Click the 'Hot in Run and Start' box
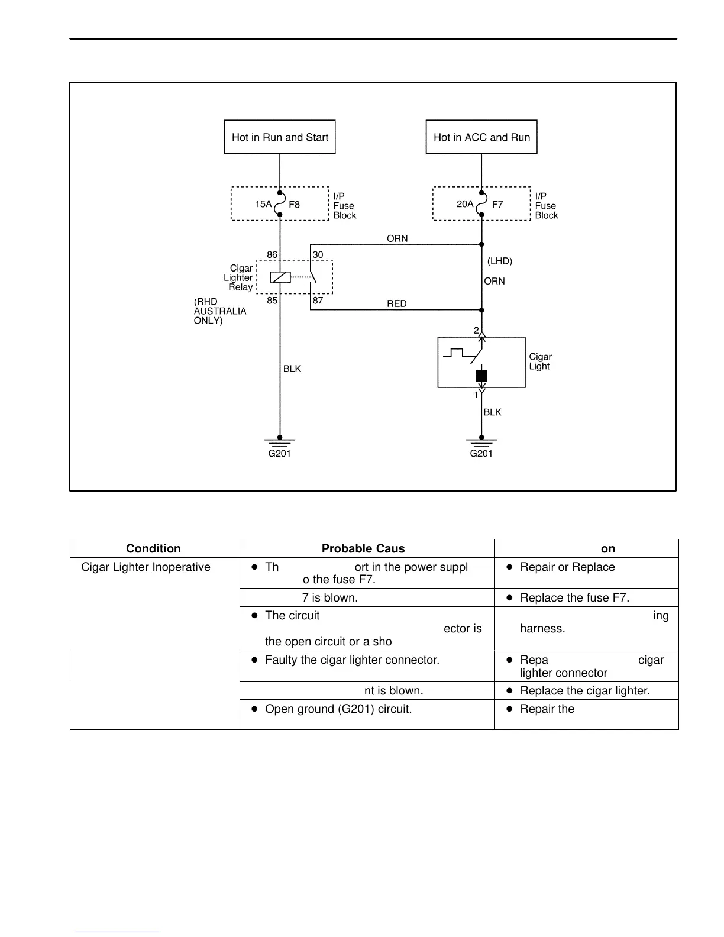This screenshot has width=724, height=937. (x=280, y=137)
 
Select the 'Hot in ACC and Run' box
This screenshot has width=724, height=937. (x=481, y=137)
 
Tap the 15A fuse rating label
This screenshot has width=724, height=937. (x=263, y=204)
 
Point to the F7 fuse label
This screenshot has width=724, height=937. (x=497, y=205)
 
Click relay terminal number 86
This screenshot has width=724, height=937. (x=271, y=255)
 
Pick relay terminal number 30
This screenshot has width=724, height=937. (x=318, y=255)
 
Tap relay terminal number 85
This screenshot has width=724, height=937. (x=271, y=301)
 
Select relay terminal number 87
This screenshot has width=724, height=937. (x=318, y=301)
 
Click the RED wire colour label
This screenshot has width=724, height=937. (x=397, y=304)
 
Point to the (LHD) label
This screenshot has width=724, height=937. (x=500, y=261)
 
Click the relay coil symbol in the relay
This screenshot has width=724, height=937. (x=280, y=277)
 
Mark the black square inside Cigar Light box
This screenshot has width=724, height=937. (x=481, y=376)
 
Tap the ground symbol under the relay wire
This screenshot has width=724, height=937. (x=280, y=442)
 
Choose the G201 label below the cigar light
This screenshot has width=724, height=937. (x=481, y=454)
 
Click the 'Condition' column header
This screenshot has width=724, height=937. (x=153, y=548)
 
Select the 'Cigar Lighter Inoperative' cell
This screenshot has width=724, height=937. (x=146, y=567)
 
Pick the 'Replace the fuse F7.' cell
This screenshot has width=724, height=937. (x=574, y=598)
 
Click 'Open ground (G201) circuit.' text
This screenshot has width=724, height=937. (x=338, y=709)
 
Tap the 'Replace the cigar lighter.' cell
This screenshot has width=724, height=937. (x=584, y=691)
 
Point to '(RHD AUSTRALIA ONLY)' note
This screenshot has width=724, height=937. (x=219, y=311)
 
